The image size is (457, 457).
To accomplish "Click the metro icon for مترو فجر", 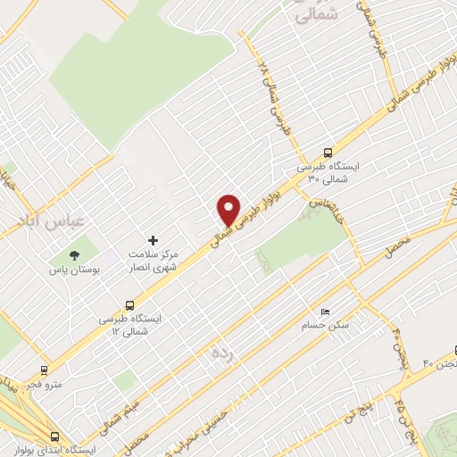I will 44,369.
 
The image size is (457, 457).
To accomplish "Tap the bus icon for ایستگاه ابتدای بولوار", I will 55,436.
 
